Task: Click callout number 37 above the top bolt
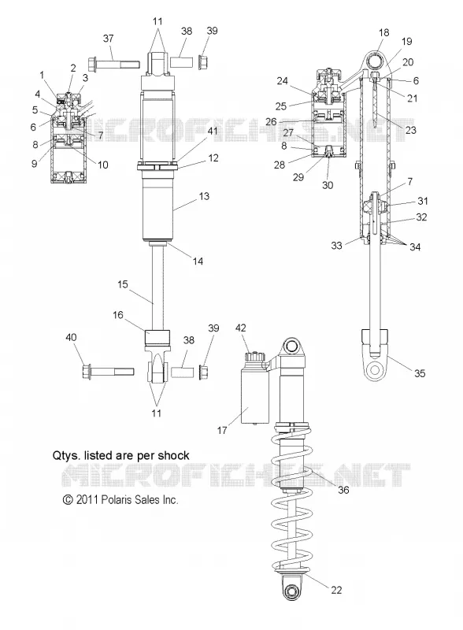click(109, 39)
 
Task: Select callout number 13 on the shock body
click(204, 196)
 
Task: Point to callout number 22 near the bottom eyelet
click(336, 590)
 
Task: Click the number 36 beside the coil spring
click(343, 490)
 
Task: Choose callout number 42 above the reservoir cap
click(240, 328)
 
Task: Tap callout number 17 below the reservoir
click(222, 430)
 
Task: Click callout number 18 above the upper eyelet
click(383, 32)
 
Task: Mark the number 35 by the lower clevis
click(420, 373)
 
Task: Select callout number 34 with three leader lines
click(415, 246)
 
